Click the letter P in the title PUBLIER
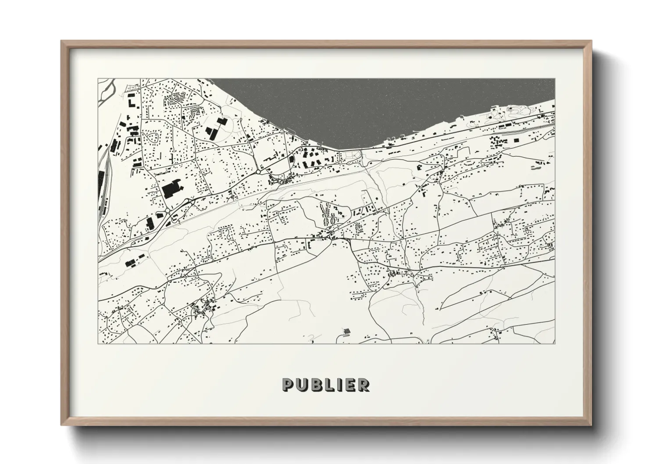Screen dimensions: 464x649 click(288, 385)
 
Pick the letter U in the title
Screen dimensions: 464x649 click(302, 385)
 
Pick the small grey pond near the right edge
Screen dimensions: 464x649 click(536, 167)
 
